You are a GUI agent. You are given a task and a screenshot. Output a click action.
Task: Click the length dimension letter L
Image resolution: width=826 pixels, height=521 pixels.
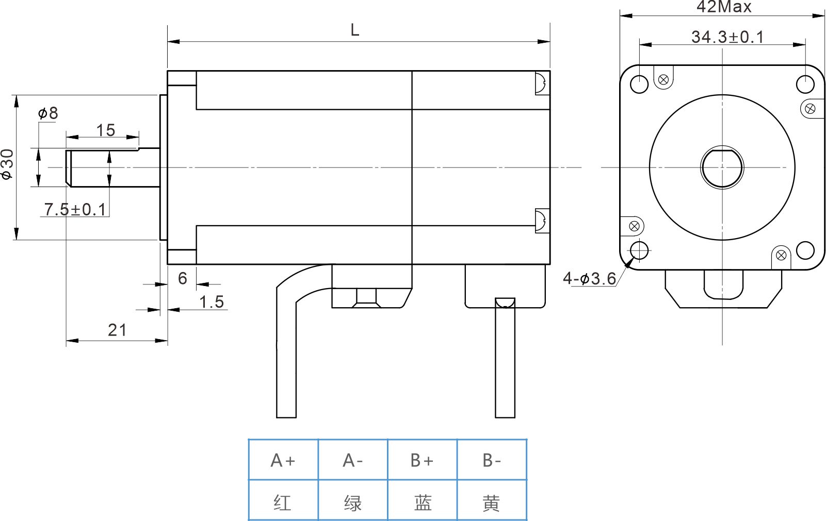click(354, 30)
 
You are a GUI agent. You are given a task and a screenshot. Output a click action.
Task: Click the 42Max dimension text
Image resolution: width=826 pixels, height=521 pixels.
click(724, 7)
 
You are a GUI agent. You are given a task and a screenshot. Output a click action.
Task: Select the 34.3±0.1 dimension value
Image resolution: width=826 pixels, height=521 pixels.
click(727, 37)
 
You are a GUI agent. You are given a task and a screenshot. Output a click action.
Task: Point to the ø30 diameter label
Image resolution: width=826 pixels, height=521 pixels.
click(7, 164)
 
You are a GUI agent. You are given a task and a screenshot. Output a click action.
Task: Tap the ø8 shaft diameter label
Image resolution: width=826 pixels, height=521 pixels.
click(48, 113)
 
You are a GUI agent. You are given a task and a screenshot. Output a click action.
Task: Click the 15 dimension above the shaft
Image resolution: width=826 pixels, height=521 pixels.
click(105, 130)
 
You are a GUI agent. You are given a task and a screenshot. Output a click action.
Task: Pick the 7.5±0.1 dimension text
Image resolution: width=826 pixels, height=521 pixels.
click(75, 209)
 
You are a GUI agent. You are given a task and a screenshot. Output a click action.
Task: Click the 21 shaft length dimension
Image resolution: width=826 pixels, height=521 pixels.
click(117, 330)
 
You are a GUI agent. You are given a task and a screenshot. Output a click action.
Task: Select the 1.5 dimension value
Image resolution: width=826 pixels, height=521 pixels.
click(212, 301)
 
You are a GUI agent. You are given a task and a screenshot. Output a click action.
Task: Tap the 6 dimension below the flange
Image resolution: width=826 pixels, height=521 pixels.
click(182, 278)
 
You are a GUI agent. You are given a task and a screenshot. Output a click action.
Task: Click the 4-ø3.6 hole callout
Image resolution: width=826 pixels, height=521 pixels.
click(589, 279)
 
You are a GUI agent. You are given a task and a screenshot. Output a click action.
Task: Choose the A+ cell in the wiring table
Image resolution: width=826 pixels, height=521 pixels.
click(283, 460)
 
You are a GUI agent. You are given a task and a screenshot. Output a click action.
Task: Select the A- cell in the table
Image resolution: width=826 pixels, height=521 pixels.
click(353, 460)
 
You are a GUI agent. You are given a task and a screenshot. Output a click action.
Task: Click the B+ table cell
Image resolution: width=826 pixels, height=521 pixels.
click(422, 460)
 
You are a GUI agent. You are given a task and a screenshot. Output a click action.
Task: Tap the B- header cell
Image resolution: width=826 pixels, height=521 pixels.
click(492, 460)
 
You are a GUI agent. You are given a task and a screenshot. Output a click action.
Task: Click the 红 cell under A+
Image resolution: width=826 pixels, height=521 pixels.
click(283, 502)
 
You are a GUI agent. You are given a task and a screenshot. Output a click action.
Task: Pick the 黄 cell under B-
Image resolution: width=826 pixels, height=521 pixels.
click(491, 502)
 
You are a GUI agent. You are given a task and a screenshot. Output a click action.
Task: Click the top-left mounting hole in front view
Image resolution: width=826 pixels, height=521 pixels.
click(639, 84)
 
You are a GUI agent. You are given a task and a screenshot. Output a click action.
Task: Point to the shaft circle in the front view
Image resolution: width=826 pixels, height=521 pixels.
click(722, 167)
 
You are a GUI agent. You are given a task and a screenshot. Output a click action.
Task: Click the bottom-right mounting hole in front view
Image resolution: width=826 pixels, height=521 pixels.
click(805, 250)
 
